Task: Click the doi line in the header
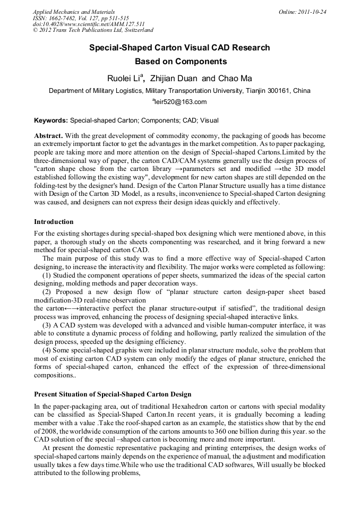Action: (89, 24)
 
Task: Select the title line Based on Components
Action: (180, 62)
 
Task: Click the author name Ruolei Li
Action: (124, 79)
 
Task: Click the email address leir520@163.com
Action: (181, 102)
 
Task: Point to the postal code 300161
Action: (279, 91)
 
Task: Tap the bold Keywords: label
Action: (51, 120)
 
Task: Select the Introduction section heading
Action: (54, 221)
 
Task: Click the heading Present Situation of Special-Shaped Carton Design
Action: (113, 394)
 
